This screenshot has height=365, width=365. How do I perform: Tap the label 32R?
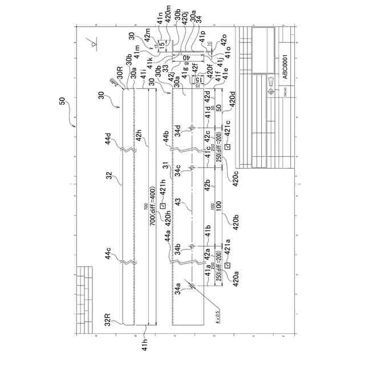112,317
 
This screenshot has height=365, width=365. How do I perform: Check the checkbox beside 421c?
227,147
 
